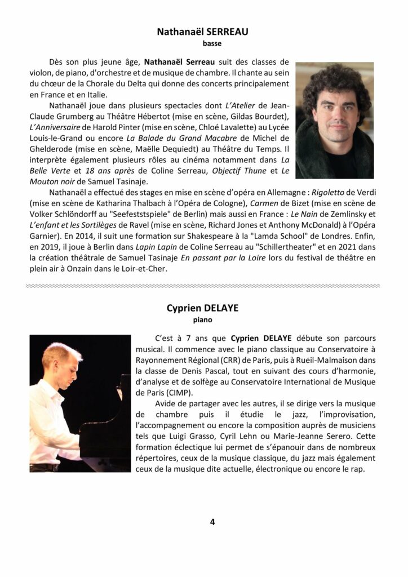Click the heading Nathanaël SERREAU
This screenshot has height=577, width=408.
point(203,32)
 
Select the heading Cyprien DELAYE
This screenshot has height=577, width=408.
point(203,308)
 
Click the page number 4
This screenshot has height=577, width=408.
point(212,522)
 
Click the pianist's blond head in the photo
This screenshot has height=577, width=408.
point(61,361)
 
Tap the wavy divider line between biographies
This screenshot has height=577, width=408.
point(203,286)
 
